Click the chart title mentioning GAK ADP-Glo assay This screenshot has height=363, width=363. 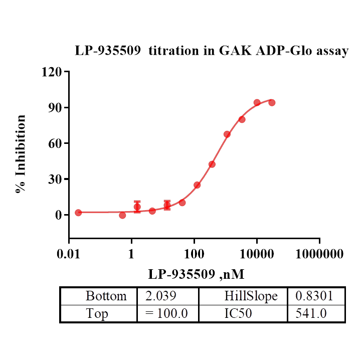coord(211,51)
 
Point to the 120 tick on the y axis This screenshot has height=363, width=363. coord(52,72)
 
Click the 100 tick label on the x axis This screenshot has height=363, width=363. coord(194,254)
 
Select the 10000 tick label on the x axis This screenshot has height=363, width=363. coord(257,254)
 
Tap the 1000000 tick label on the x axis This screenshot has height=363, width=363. coord(319,254)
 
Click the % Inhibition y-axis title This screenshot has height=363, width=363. coord(21,154)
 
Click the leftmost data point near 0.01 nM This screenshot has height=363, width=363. coord(78,213)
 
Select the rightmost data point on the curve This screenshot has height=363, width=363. coord(272,102)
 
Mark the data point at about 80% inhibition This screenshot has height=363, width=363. coord(242,119)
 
